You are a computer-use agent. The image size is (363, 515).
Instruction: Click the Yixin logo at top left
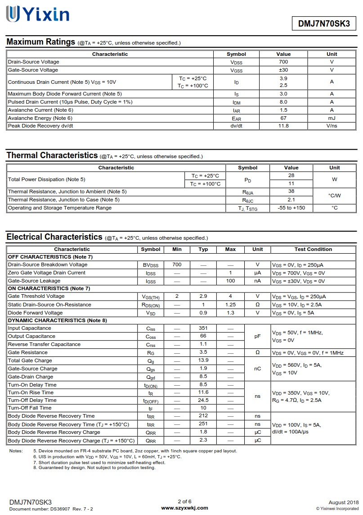37,14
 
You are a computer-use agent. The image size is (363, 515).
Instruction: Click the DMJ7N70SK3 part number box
324,24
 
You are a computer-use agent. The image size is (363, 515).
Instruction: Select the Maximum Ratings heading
40,42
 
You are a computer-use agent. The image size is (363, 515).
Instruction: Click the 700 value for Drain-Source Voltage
283,62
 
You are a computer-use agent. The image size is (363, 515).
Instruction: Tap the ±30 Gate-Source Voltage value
283,70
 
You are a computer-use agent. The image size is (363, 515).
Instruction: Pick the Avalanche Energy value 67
283,118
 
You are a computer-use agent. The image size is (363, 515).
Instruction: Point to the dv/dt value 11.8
283,126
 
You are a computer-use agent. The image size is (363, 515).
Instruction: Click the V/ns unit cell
332,126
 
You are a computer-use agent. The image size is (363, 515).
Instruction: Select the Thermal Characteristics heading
52,155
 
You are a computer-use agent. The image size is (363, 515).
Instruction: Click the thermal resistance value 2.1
291,200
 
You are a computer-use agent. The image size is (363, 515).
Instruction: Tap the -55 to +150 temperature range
291,208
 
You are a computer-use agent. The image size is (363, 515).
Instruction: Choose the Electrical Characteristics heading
54,237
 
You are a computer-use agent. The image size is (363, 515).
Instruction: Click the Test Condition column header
313,249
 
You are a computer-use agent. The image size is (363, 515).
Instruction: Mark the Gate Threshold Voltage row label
36,296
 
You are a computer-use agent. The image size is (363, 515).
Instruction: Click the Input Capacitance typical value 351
203,328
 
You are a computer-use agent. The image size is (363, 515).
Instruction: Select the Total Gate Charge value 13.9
203,360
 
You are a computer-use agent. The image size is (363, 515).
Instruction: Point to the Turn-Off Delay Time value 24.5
203,400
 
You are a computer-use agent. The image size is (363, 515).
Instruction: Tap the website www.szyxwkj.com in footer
184,508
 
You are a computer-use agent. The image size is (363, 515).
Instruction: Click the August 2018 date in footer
344,502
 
